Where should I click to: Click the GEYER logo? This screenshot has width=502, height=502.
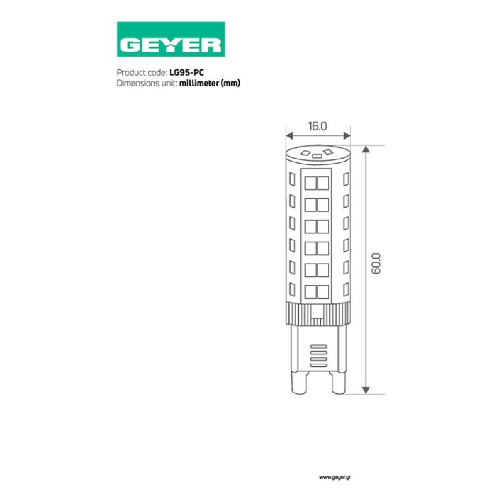click(171, 39)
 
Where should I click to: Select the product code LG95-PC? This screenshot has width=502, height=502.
click(187, 73)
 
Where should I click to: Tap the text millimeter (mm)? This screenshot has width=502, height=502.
click(209, 83)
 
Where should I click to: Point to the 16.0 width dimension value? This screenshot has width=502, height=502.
click(318, 126)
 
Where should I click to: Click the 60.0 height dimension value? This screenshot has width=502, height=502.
click(376, 263)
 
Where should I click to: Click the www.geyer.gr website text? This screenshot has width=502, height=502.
click(334, 477)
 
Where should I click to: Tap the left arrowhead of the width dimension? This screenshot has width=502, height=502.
click(289, 136)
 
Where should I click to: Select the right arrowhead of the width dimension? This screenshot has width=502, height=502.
click(347, 136)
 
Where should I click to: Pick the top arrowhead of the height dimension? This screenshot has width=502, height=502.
click(366, 149)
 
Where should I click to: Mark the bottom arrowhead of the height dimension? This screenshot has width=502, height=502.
click(366, 390)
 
